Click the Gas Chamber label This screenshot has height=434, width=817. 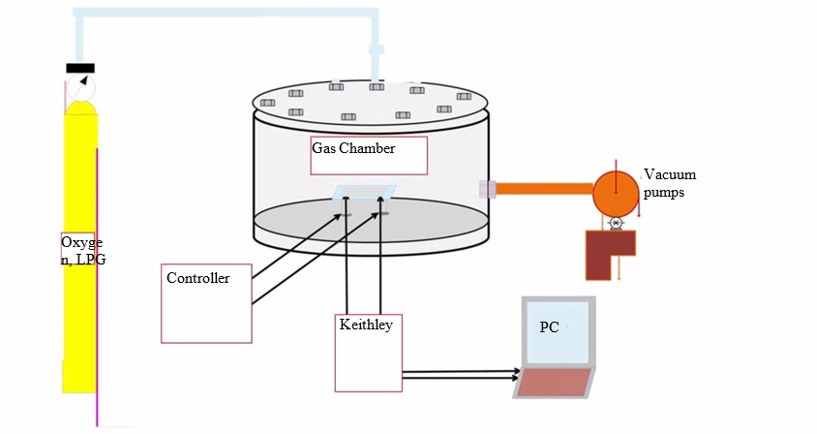(x=353, y=148)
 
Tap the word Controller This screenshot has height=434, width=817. (x=198, y=278)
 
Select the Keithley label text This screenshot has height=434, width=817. (x=366, y=325)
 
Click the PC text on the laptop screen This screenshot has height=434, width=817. (x=549, y=327)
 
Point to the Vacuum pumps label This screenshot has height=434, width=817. (x=670, y=183)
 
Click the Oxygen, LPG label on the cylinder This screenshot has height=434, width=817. (x=83, y=250)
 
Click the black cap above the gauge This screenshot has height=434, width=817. (x=80, y=68)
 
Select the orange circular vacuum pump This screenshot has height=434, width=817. (x=616, y=194)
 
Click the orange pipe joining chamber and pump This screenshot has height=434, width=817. (x=544, y=188)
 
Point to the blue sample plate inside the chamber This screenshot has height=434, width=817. (x=365, y=192)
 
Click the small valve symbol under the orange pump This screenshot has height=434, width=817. (x=616, y=223)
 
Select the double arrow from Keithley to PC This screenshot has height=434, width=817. (x=461, y=374)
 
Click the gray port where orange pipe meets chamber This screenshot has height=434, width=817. (x=488, y=189)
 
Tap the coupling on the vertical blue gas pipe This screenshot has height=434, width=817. (x=377, y=49)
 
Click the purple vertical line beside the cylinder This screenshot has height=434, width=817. (x=97, y=287)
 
